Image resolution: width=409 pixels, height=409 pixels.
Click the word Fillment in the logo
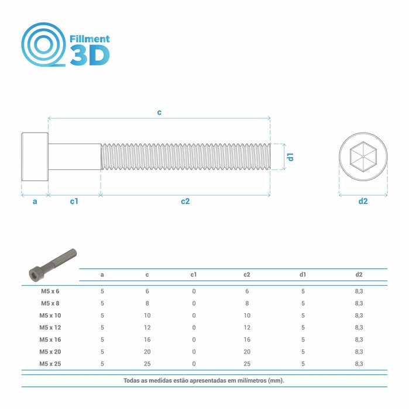[90, 39]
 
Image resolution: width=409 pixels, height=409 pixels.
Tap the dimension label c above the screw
[159, 112]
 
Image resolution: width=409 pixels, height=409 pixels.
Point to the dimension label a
[35, 202]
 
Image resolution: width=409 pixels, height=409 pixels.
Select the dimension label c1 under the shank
[74, 202]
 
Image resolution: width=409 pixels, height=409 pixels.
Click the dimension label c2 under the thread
[185, 202]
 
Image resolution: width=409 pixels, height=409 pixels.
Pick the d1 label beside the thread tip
[290, 157]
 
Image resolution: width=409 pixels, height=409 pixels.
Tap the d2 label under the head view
[363, 202]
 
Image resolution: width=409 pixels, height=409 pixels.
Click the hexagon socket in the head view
[363, 157]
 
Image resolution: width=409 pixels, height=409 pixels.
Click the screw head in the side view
[35, 157]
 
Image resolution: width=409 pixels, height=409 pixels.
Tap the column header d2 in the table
[359, 274]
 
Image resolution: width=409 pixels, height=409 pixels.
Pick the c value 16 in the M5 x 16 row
[147, 339]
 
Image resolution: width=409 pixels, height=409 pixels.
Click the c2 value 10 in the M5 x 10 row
[247, 316]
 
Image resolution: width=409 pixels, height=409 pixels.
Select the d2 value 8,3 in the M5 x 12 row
[359, 327]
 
